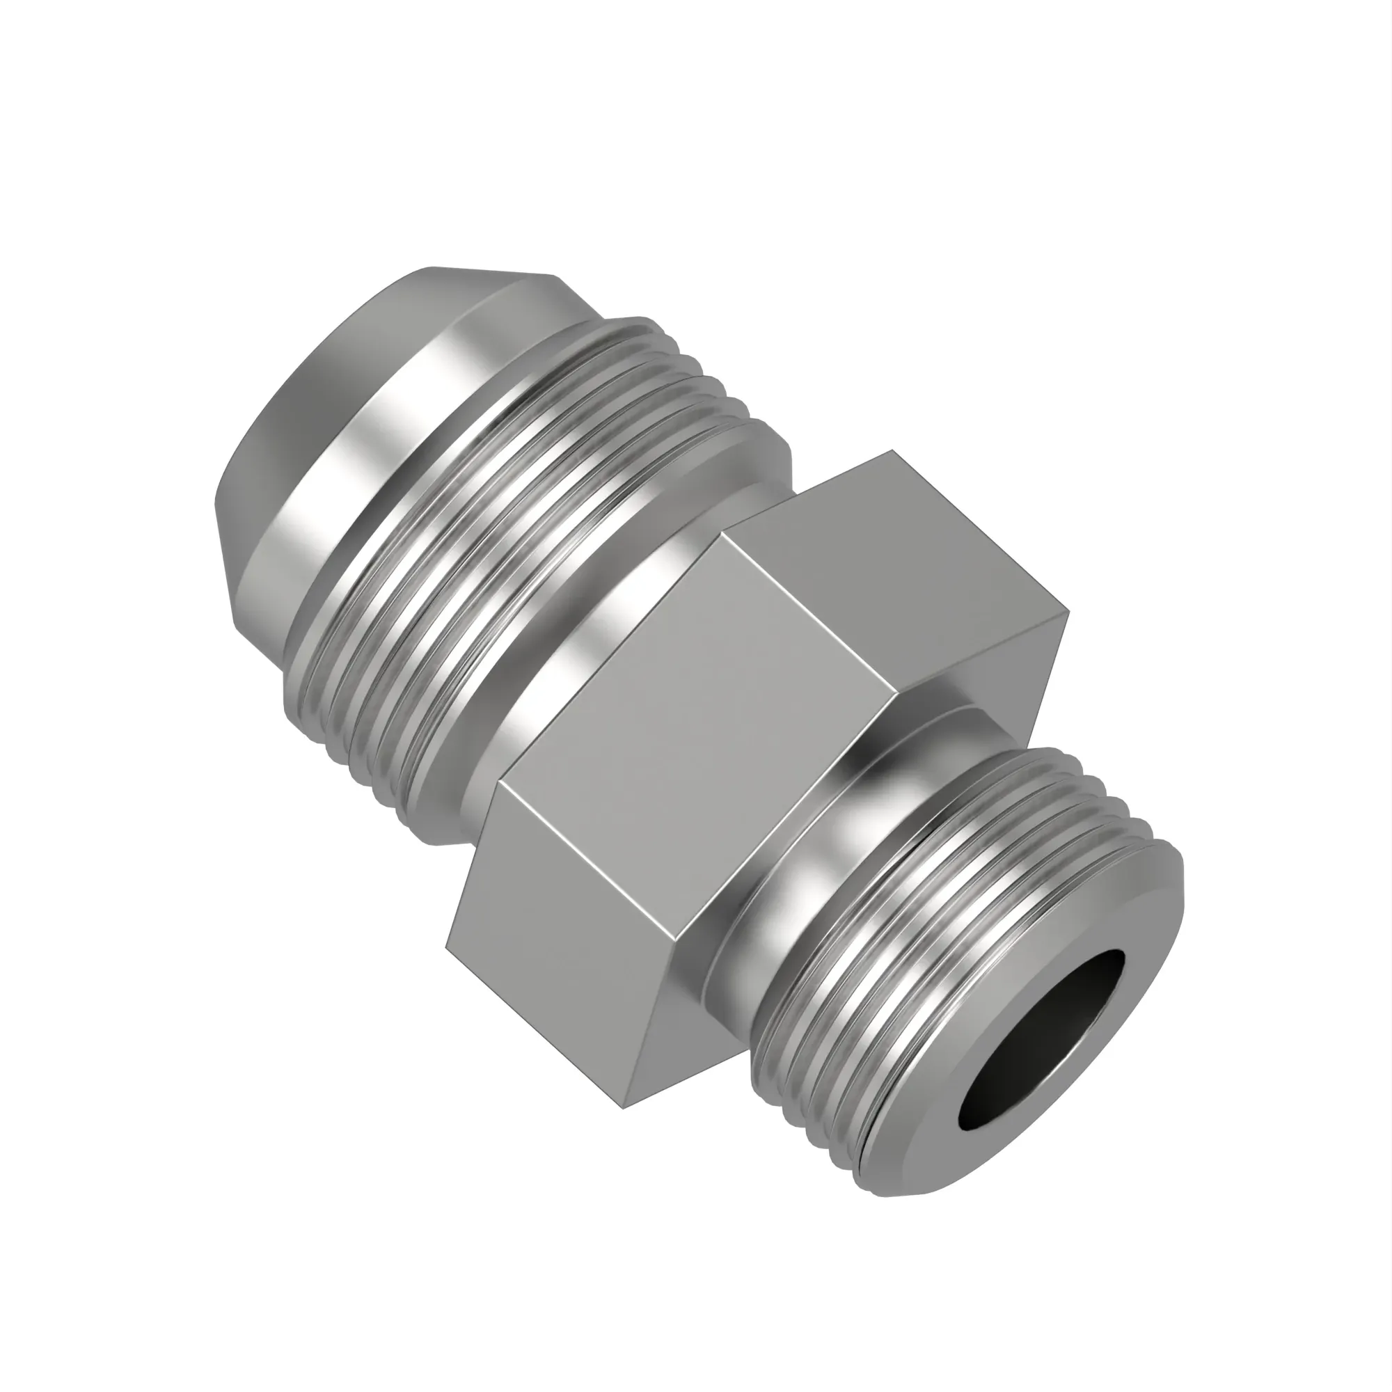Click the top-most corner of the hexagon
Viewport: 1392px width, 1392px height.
[x=893, y=452]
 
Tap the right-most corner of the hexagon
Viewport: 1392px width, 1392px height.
[x=1068, y=613]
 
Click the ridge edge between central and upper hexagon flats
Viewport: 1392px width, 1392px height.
[x=807, y=612]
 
